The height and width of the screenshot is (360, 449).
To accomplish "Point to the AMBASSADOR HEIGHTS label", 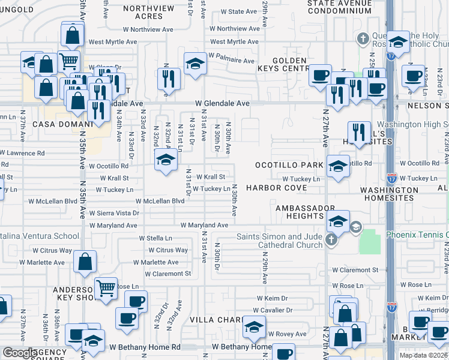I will [x=296, y=212].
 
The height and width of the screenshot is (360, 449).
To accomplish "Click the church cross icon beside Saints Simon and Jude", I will [x=331, y=240].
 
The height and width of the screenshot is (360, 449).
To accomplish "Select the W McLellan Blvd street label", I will [x=160, y=201].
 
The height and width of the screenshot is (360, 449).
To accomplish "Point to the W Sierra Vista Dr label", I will [x=114, y=213].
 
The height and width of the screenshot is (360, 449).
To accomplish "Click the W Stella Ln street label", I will [x=155, y=238].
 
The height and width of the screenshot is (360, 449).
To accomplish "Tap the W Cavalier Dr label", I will [x=273, y=310].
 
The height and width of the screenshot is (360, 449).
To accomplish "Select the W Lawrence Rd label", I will [x=22, y=154].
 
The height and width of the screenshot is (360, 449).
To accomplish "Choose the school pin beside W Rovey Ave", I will [x=255, y=328].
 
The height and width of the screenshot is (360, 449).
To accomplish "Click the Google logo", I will [x=19, y=353].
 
